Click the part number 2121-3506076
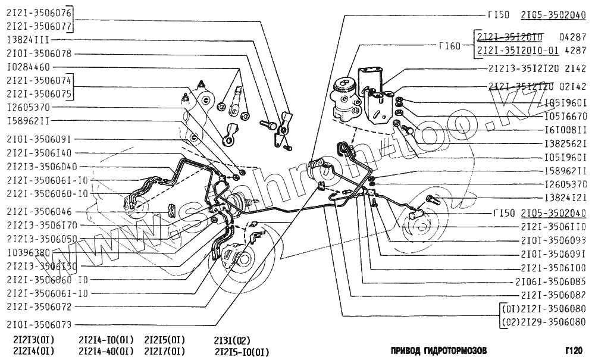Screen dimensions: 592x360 [39, 12]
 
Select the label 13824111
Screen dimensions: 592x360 [32, 39]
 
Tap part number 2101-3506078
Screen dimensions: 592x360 [39, 53]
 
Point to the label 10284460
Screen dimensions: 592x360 [29, 67]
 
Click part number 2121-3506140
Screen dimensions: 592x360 [39, 153]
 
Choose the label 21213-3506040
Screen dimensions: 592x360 [42, 167]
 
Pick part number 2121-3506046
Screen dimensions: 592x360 [39, 211]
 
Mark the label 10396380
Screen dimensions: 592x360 [29, 252]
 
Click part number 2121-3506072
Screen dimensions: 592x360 [39, 307]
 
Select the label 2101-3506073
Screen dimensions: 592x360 [39, 325]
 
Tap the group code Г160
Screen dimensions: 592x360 [449, 46]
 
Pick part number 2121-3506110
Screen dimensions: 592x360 [553, 226]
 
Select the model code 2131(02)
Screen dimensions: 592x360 [232, 340]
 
